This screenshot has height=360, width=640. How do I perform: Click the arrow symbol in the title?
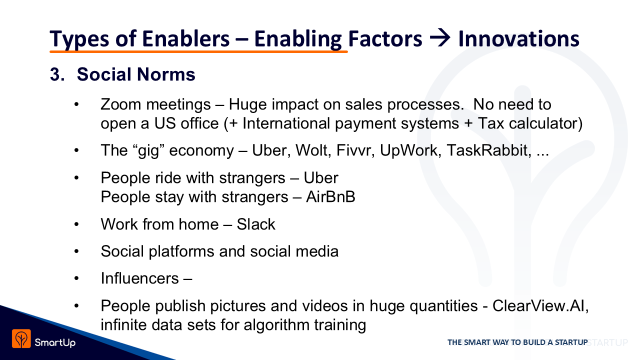(x=440, y=38)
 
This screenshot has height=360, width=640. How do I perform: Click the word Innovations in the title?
(x=519, y=38)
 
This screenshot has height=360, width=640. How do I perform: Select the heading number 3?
(x=57, y=74)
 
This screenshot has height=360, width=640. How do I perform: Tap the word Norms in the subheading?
(x=166, y=74)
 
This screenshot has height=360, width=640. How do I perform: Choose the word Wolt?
(x=313, y=150)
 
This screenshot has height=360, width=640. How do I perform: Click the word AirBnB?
(x=330, y=197)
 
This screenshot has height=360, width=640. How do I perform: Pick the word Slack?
(x=256, y=224)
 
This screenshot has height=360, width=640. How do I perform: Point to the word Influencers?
(x=139, y=278)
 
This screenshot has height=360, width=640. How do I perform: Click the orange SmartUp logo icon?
(x=21, y=338)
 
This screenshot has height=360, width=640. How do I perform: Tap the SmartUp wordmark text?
(x=55, y=342)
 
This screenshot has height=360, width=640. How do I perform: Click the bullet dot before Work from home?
(x=76, y=224)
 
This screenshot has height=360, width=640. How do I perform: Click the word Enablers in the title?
(x=185, y=38)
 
